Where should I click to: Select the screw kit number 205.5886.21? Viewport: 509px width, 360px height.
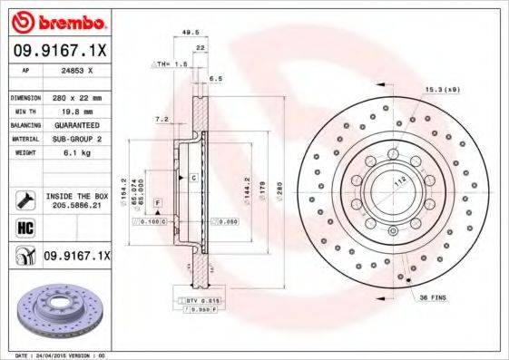[76, 205]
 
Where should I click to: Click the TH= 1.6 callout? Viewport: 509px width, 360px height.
[167, 64]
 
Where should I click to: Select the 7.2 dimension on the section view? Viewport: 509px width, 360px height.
[162, 119]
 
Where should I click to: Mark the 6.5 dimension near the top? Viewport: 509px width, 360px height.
[216, 79]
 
